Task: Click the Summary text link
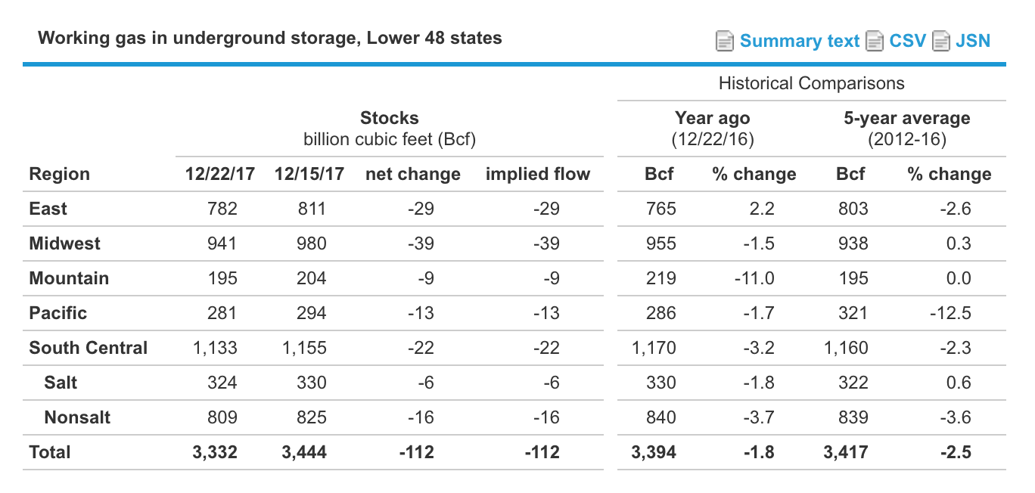799,41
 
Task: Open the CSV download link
907,41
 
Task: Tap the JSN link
972,41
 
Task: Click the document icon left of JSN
941,41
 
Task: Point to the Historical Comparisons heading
811,83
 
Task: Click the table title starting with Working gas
269,38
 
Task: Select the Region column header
59,174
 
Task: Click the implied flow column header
537,174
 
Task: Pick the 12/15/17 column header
309,174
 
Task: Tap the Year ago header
712,118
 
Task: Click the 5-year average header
906,118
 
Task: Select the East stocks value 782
222,209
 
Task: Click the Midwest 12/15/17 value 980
312,243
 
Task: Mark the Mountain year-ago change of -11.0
754,278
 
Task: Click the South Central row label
88,348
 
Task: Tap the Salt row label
61,383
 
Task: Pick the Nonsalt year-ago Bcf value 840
661,417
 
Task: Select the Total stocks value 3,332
216,452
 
